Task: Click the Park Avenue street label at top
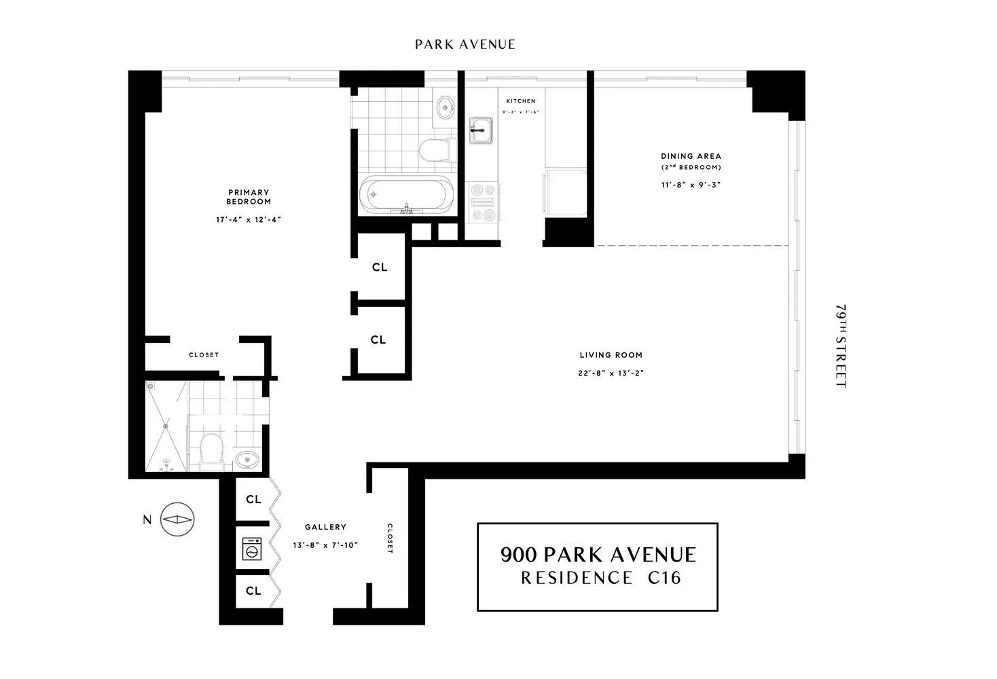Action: (465, 45)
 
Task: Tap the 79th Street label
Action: (841, 346)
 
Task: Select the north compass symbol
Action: (177, 520)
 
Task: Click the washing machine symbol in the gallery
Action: (252, 549)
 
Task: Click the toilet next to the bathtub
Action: (435, 149)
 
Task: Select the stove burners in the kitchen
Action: (484, 202)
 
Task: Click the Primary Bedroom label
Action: (249, 197)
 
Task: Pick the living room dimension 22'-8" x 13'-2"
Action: (611, 372)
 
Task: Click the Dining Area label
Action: (691, 156)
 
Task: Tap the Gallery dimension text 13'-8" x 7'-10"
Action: (325, 545)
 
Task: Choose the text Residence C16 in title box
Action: (600, 578)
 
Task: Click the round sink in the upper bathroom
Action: (445, 107)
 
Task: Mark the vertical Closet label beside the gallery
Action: (390, 538)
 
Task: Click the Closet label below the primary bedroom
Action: (204, 355)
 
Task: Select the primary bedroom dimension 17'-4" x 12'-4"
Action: (249, 219)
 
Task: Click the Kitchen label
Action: (520, 101)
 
